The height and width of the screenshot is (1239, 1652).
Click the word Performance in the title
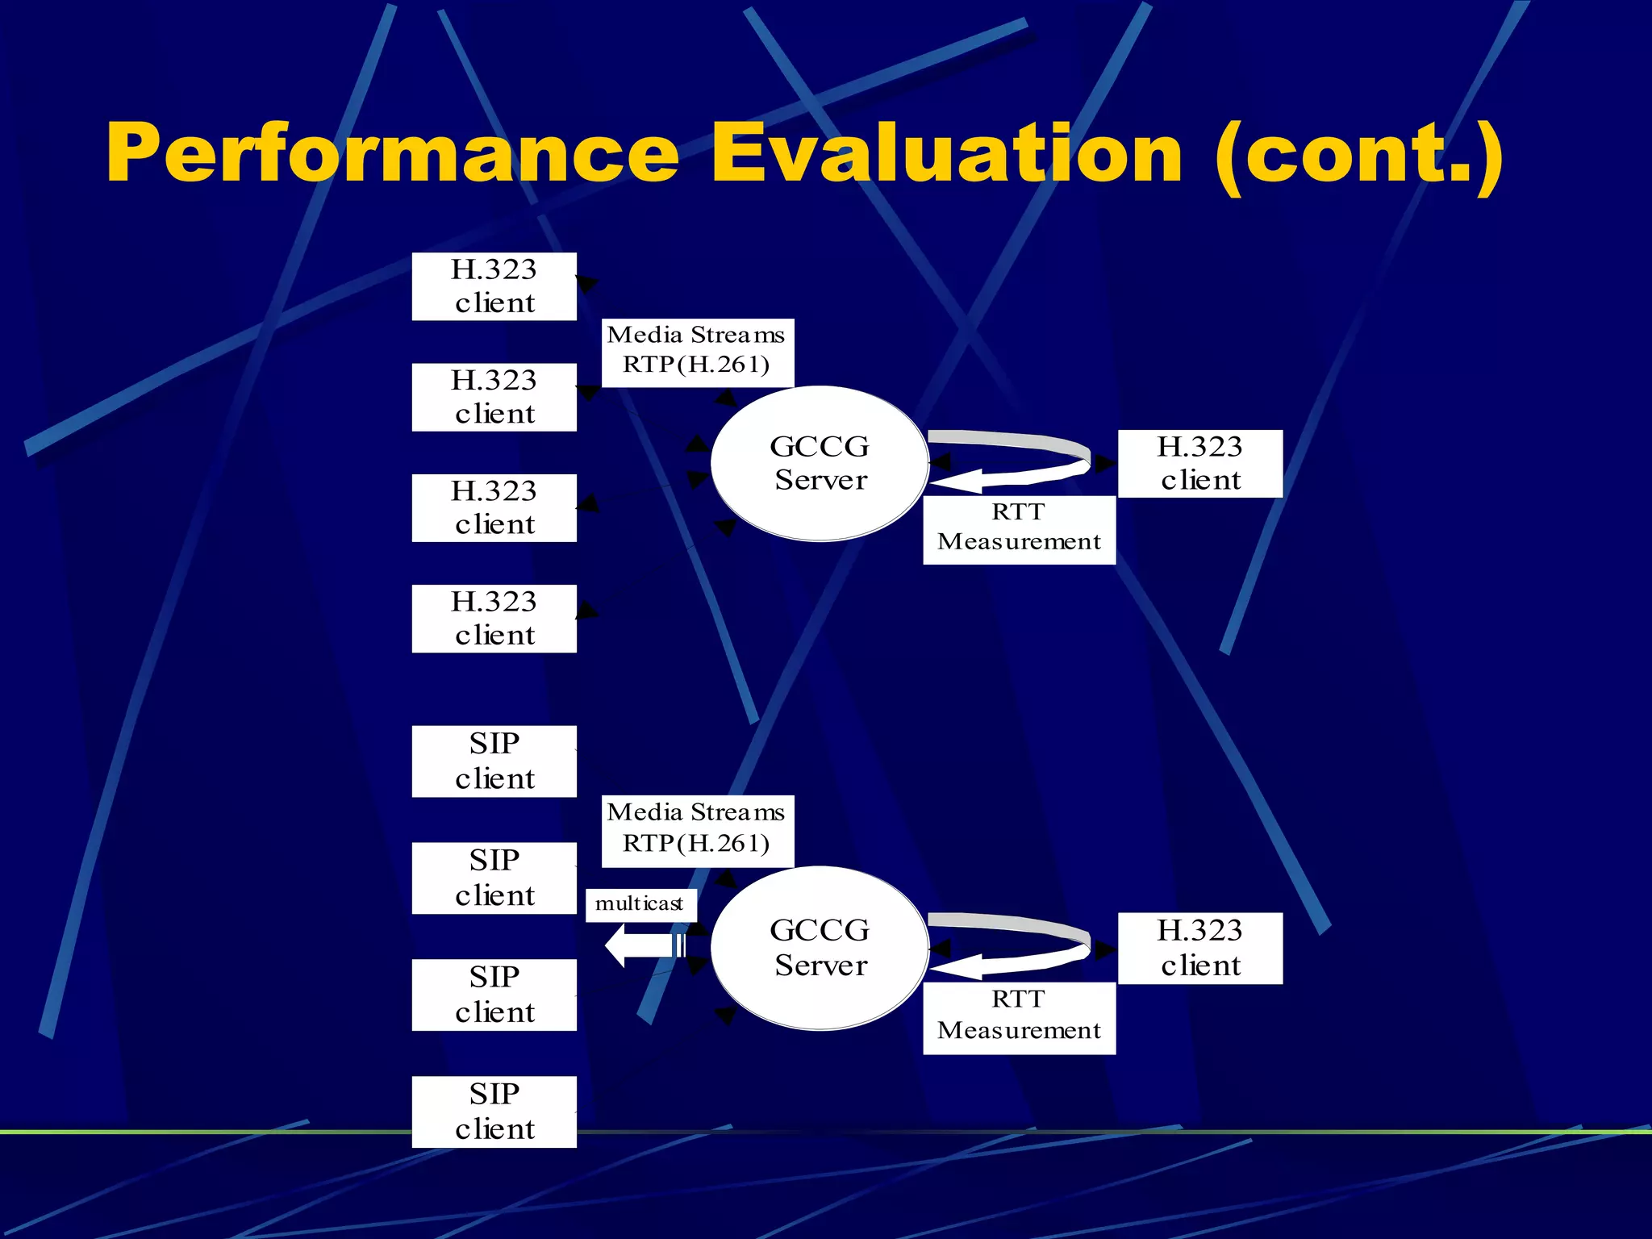tap(393, 153)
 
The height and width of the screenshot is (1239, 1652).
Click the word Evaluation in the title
tap(946, 153)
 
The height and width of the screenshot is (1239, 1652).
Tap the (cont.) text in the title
tap(1358, 153)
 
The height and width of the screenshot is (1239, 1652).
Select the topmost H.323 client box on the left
tap(494, 286)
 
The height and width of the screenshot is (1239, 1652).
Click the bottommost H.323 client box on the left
tap(494, 619)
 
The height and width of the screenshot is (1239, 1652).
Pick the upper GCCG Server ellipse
tap(820, 463)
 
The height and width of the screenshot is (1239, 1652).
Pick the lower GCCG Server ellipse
tap(820, 948)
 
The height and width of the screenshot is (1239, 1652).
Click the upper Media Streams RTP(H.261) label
tap(697, 353)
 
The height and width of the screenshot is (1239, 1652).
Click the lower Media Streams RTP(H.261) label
tap(697, 831)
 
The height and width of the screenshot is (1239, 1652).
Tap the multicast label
tap(640, 904)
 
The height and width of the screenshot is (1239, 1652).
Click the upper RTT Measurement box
tap(1019, 529)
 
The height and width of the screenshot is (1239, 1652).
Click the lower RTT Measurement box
tap(1019, 1017)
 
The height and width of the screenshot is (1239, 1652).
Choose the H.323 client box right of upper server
tap(1199, 464)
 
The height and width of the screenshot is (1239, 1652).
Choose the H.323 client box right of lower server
tap(1199, 948)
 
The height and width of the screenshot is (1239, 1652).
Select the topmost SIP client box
tap(494, 761)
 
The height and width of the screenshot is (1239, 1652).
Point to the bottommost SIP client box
tap(494, 1112)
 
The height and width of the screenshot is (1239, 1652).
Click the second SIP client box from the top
tap(494, 878)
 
